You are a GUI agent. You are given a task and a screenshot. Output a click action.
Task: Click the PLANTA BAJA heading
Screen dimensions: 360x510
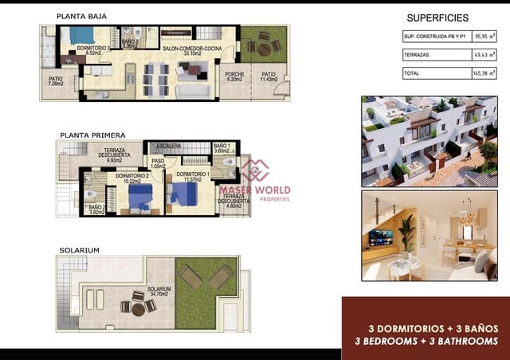point(81,16)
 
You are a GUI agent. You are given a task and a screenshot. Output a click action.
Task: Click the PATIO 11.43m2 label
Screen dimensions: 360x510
point(269,78)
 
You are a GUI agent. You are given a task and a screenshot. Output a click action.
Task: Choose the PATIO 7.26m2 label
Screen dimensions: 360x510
point(56,81)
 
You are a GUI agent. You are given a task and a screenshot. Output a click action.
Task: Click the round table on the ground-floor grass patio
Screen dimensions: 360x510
point(263,47)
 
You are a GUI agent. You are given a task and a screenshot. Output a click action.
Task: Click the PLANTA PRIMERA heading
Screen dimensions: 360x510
point(89,135)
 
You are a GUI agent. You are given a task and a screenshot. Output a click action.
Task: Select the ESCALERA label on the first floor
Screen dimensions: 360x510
point(169,147)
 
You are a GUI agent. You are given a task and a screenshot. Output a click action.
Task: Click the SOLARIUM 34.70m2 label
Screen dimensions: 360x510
point(159,292)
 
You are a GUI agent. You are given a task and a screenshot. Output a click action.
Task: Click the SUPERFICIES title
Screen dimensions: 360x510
point(437,18)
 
